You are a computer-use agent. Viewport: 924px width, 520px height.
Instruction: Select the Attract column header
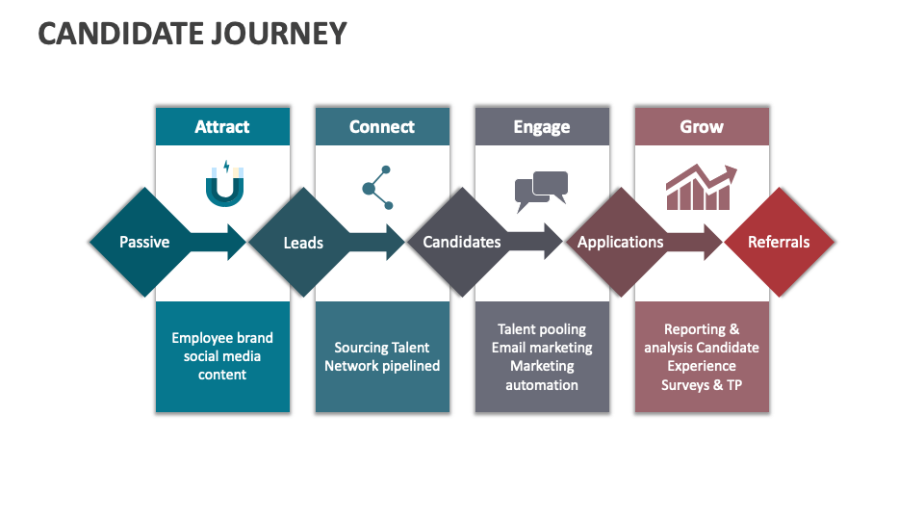(222, 127)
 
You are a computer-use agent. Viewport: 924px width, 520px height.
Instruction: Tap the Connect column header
(382, 127)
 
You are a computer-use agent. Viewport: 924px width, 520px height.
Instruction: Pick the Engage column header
(542, 127)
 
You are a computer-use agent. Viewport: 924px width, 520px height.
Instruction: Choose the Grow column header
(702, 127)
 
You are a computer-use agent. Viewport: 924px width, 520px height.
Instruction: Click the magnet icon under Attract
(224, 184)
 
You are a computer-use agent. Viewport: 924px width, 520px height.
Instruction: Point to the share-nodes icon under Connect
(378, 188)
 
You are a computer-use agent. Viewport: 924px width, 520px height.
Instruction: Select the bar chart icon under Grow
(701, 188)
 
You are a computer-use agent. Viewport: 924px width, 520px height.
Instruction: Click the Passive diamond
(144, 242)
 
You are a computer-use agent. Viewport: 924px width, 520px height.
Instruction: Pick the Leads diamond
(303, 243)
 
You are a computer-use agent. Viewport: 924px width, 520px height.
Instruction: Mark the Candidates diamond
(462, 242)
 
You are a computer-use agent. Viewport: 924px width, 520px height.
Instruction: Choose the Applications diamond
(620, 242)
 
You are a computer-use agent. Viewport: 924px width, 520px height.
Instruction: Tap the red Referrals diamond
(779, 242)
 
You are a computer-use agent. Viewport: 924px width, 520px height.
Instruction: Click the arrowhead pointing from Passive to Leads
(235, 242)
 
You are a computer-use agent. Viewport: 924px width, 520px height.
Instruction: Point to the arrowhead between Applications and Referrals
(711, 242)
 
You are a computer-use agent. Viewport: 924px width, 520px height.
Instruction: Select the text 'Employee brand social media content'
(222, 356)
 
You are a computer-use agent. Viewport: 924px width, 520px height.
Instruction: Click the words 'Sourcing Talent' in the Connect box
(382, 348)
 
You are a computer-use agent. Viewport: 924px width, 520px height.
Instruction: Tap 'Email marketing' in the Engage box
(542, 348)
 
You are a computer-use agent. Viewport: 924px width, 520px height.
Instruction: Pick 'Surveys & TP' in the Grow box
(702, 384)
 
